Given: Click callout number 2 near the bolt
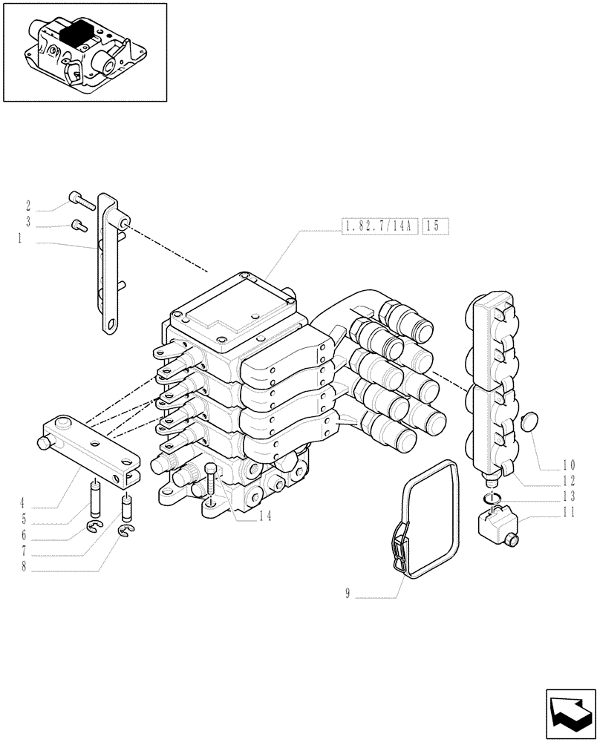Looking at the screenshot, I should [27, 206].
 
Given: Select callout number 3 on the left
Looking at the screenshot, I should [27, 222].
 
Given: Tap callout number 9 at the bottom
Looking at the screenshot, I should [348, 594].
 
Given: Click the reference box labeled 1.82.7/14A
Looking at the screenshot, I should [379, 226].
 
